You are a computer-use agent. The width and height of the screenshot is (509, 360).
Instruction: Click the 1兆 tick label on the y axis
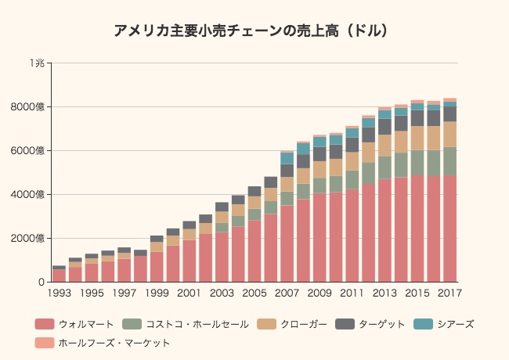[37, 63]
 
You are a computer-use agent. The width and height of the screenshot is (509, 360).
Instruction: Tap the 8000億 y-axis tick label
[31, 106]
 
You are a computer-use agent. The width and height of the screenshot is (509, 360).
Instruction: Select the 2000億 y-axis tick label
[31, 238]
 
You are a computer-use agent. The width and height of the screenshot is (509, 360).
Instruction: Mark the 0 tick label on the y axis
[42, 282]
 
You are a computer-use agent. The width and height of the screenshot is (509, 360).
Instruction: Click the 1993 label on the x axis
[59, 293]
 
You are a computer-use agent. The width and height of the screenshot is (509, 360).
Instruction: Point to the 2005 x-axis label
[254, 293]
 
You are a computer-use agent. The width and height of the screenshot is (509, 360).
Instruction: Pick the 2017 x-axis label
[449, 293]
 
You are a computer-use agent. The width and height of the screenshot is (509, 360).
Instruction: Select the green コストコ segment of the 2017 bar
[449, 161]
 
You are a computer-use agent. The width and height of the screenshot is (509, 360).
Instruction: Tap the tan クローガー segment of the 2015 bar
[417, 138]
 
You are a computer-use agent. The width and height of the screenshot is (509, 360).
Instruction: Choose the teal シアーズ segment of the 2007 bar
[287, 158]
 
